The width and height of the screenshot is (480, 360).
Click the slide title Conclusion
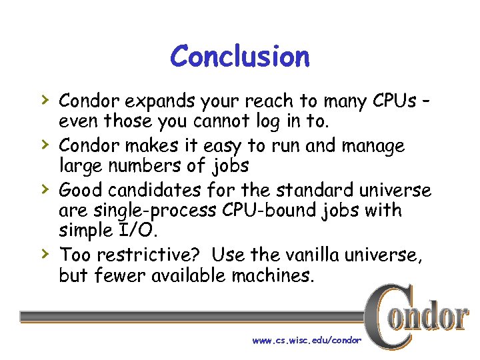point(240,57)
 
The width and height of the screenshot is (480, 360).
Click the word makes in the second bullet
point(159,145)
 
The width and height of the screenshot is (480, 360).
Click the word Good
point(81,190)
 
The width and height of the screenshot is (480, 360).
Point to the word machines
point(272,275)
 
